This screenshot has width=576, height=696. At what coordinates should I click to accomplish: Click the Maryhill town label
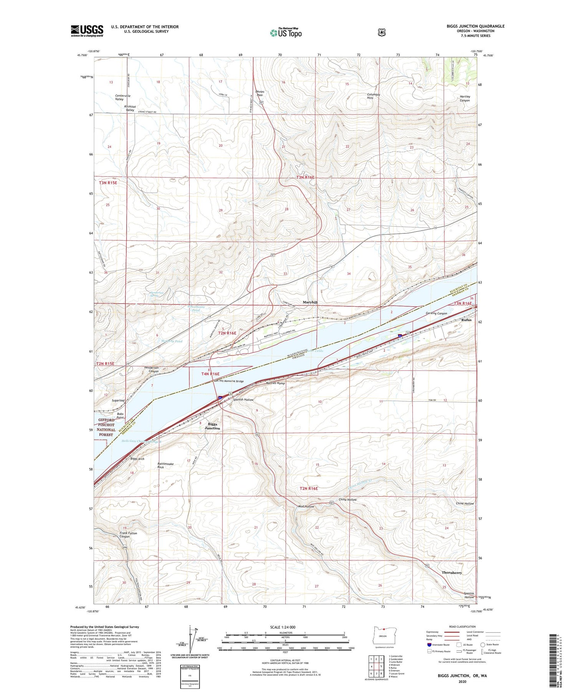(x=310, y=302)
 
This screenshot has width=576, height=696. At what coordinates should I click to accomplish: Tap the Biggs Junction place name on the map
(x=212, y=426)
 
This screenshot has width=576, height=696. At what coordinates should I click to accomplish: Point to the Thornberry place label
(x=452, y=572)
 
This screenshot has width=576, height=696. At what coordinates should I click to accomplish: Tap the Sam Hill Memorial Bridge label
(x=228, y=381)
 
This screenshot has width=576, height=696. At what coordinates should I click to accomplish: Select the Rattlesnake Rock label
(x=166, y=465)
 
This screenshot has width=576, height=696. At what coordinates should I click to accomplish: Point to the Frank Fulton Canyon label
(x=128, y=535)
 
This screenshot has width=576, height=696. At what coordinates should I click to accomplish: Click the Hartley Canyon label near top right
(x=465, y=98)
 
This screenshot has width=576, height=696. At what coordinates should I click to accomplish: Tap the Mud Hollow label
(x=306, y=507)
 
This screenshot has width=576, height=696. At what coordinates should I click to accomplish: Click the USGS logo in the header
(x=87, y=31)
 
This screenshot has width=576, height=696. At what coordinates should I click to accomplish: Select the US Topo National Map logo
(x=286, y=32)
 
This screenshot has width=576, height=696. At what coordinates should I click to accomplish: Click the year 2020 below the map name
(x=462, y=682)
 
